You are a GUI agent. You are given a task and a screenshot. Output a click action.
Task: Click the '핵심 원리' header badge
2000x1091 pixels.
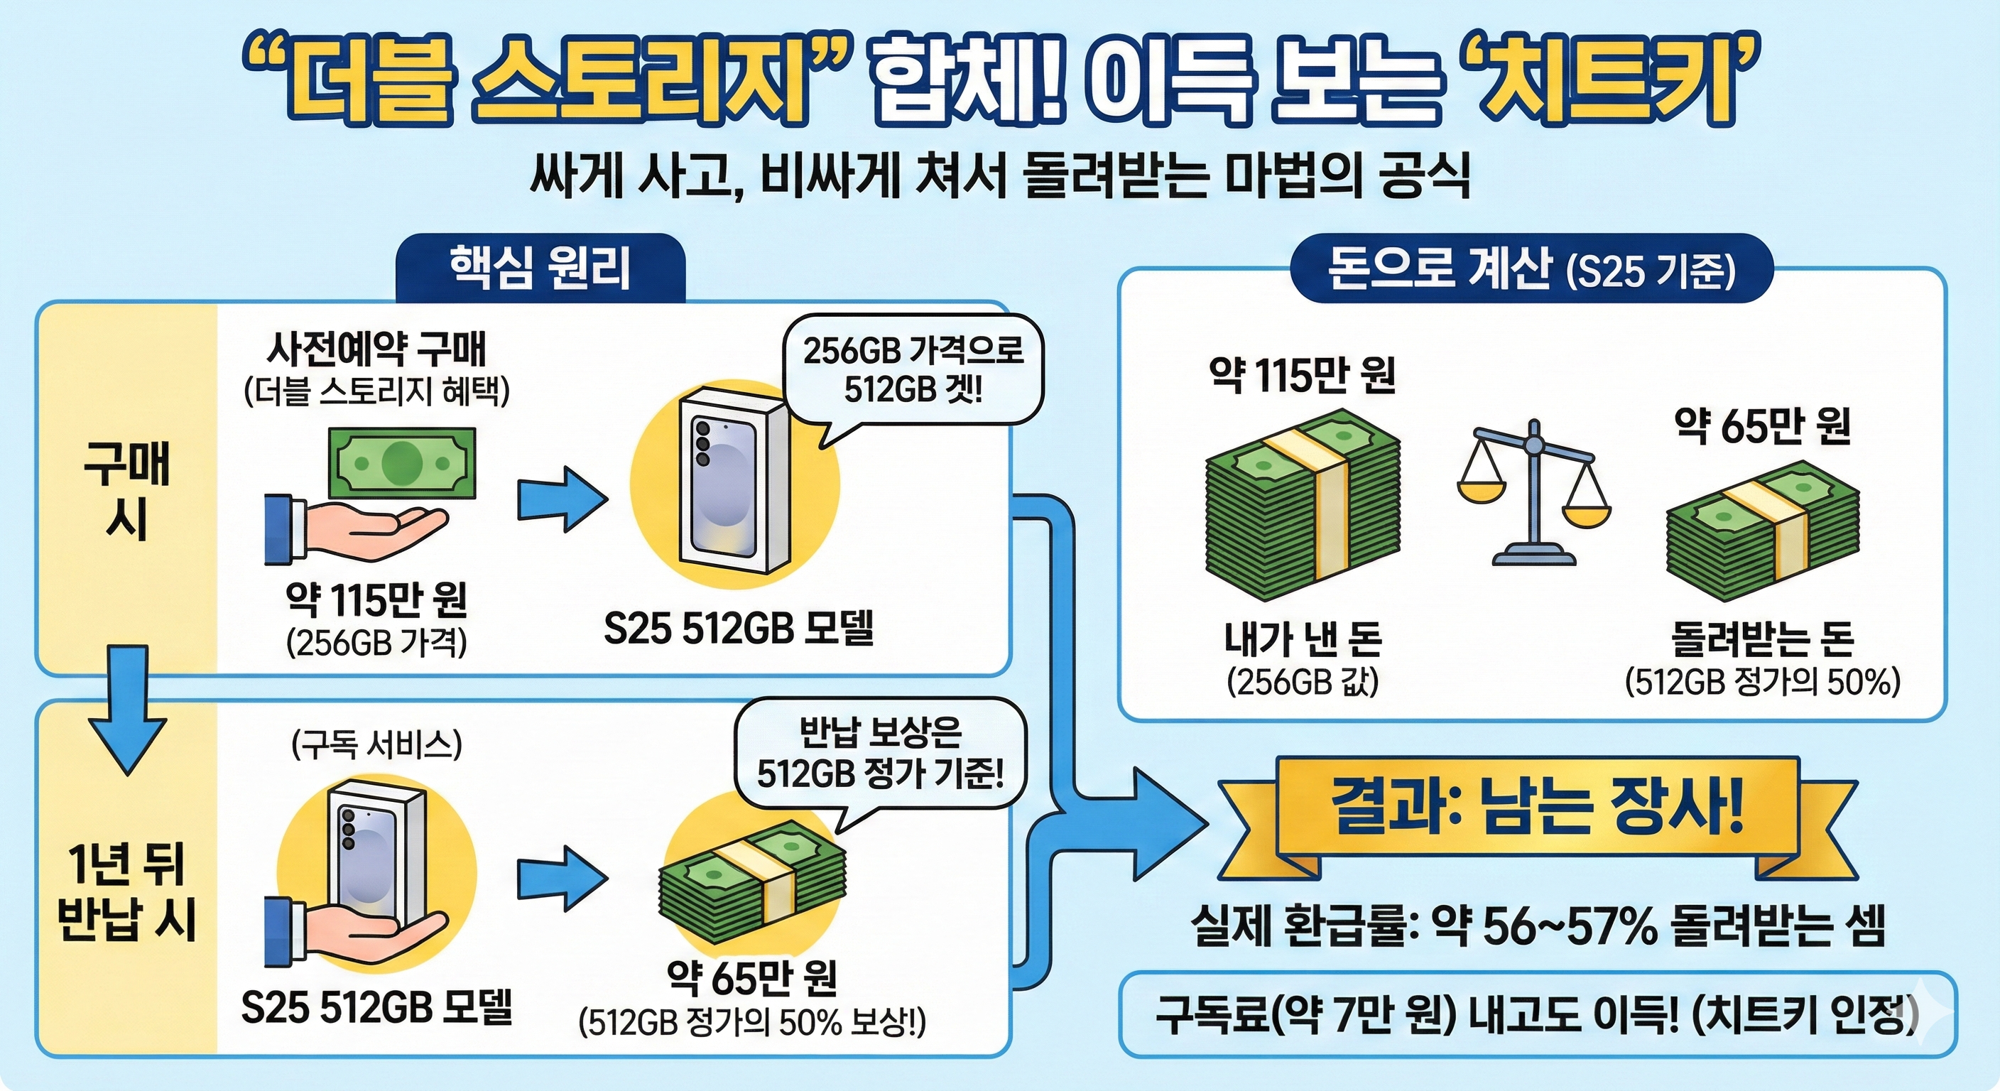pyautogui.click(x=540, y=268)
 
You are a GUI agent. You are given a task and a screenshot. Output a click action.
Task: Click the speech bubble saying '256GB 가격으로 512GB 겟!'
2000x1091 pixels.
pyautogui.click(x=913, y=369)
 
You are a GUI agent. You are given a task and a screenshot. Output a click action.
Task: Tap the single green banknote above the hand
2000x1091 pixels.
pyautogui.click(x=401, y=464)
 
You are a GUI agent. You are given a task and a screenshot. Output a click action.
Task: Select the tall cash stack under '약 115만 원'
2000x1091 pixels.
pyautogui.click(x=1302, y=505)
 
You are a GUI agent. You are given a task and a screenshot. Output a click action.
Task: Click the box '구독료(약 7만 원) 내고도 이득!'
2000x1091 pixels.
pyautogui.click(x=1537, y=1014)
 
